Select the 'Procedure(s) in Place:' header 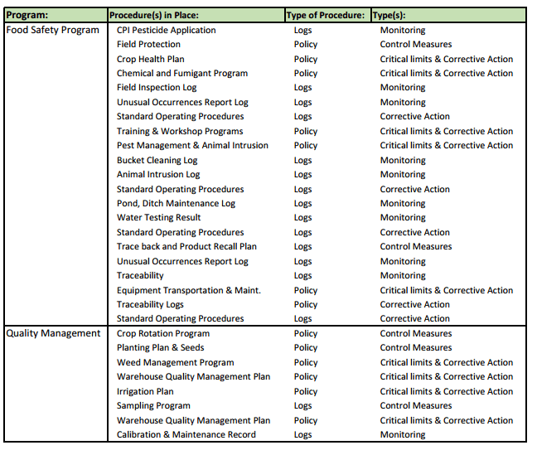click(x=154, y=16)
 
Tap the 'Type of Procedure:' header click(x=324, y=16)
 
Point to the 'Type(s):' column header click(x=394, y=16)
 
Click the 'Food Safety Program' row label click(x=52, y=30)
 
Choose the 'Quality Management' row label click(x=53, y=333)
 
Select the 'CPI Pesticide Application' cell click(x=166, y=30)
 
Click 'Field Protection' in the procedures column click(x=148, y=44)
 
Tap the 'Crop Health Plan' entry click(x=150, y=59)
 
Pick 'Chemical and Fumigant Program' click(x=181, y=73)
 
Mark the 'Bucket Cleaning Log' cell click(x=157, y=160)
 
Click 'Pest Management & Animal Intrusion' click(x=192, y=145)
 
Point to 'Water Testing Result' click(x=158, y=217)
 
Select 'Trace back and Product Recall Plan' click(x=186, y=246)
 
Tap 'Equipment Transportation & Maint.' click(x=188, y=290)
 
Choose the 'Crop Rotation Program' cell click(x=162, y=333)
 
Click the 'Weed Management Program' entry click(x=175, y=362)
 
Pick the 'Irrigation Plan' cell click(x=145, y=391)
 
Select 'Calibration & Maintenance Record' click(x=186, y=434)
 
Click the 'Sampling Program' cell click(x=153, y=405)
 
